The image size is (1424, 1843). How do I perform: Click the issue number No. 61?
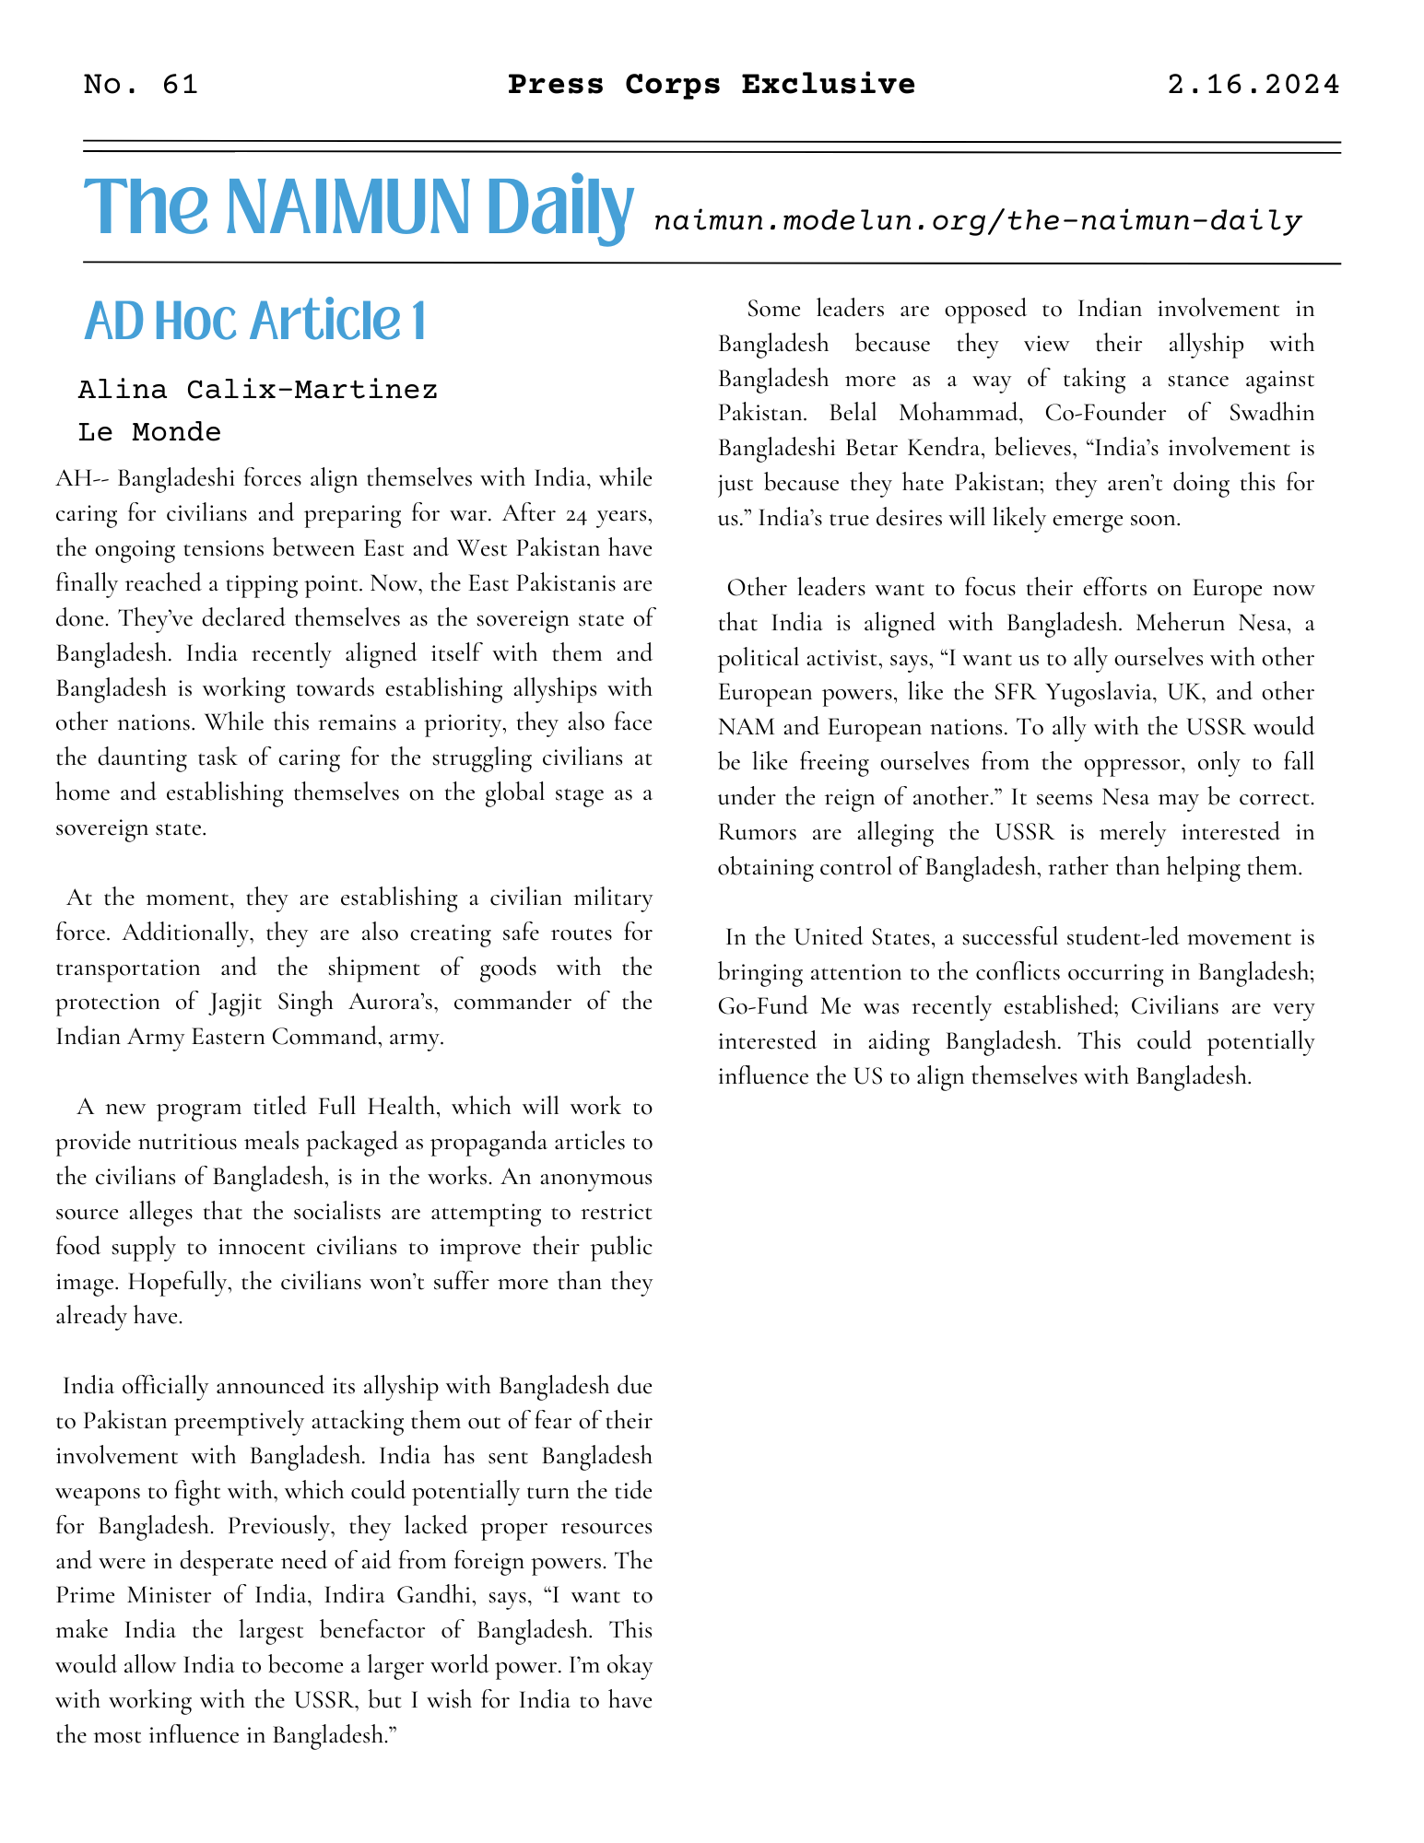[x=140, y=85]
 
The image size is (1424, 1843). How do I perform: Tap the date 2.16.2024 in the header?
[x=1253, y=85]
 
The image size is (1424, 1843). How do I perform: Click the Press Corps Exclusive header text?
[x=712, y=85]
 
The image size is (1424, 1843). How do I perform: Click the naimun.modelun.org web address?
[x=977, y=221]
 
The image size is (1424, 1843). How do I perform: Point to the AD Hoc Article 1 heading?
[x=255, y=322]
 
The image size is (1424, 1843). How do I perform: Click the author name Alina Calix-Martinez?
[x=258, y=390]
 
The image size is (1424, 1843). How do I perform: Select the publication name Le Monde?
[x=150, y=431]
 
